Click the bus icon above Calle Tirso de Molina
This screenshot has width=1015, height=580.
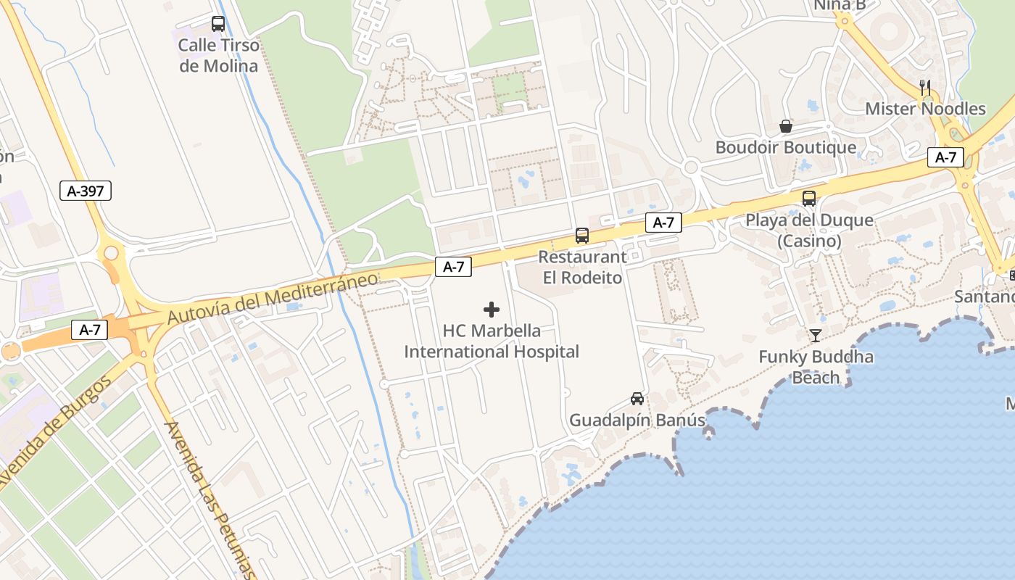[218, 24]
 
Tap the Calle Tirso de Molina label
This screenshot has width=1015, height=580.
[218, 56]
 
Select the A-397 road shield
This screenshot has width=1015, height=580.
[86, 191]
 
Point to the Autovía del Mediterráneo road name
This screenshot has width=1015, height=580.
[273, 298]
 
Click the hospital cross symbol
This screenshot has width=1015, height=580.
[492, 310]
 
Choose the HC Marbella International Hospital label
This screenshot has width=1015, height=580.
[492, 341]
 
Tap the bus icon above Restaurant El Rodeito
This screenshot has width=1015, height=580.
[582, 235]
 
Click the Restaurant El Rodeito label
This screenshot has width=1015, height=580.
[582, 268]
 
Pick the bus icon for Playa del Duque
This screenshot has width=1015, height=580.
[809, 198]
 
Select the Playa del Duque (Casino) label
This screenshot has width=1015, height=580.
[810, 231]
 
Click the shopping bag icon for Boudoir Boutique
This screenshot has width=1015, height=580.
[786, 127]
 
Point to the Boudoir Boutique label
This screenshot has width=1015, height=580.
[786, 148]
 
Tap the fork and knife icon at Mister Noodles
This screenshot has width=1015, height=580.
[925, 88]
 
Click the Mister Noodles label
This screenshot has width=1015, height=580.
[926, 109]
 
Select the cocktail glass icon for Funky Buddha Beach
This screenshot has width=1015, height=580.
[816, 335]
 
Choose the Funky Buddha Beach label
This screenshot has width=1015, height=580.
[816, 367]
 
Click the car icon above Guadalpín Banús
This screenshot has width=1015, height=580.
[637, 399]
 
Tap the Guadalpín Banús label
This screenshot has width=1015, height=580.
[637, 420]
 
